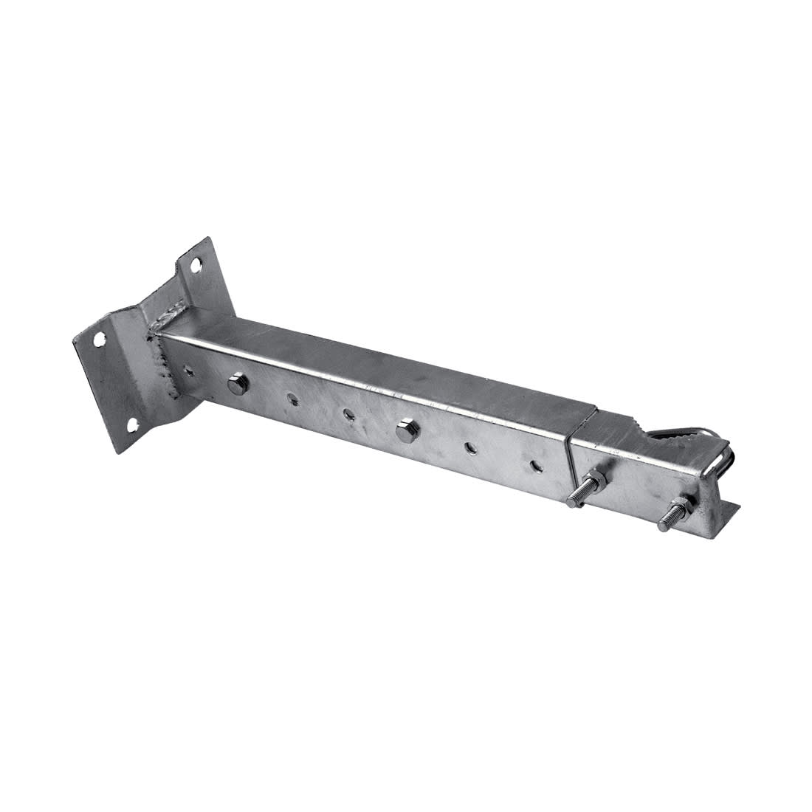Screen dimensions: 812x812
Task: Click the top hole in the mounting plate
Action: point(196,264)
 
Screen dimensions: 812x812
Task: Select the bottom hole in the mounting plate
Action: point(133,425)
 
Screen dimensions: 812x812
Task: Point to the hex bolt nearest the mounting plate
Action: point(237,384)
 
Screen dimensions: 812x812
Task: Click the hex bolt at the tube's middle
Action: point(405,430)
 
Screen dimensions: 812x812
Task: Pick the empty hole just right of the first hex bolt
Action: point(293,399)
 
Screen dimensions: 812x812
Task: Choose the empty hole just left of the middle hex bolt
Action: point(348,415)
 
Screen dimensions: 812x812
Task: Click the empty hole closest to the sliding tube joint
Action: point(534,465)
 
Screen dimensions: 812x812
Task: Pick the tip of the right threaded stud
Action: point(662,526)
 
